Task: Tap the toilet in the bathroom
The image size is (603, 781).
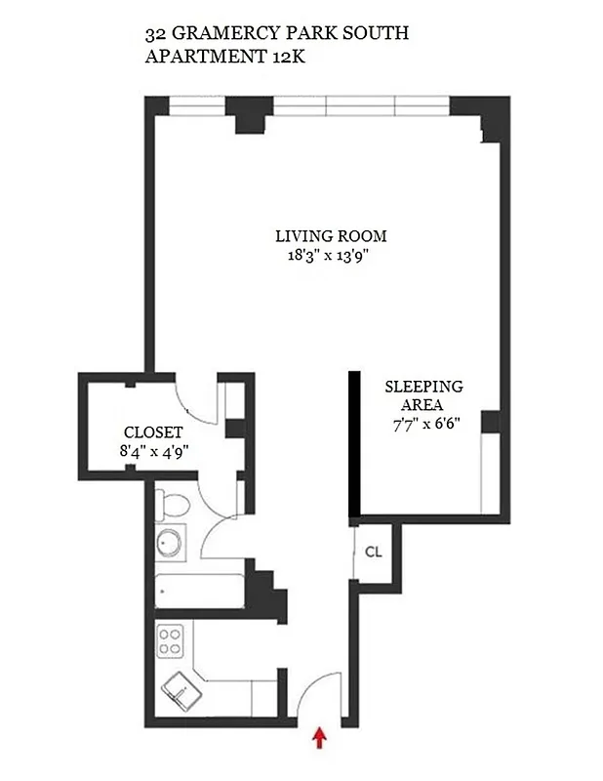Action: pyautogui.click(x=172, y=506)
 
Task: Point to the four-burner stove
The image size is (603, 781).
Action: pyautogui.click(x=171, y=641)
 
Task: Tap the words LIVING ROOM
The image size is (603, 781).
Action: pyautogui.click(x=331, y=236)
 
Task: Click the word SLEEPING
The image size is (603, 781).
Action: pyautogui.click(x=423, y=386)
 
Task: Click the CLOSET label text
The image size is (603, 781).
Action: pyautogui.click(x=149, y=432)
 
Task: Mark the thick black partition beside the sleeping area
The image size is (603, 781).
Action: pyautogui.click(x=355, y=442)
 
